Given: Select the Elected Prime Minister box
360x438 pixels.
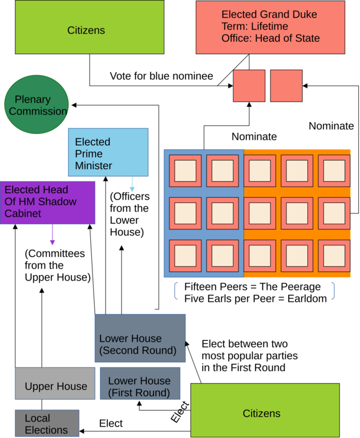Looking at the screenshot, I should [108, 152].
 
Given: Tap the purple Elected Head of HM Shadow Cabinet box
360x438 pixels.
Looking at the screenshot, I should [47, 202].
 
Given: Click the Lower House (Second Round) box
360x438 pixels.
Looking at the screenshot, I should [140, 338].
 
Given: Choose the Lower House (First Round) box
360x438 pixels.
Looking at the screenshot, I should [140, 383].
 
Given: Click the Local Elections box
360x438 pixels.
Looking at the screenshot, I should [47, 423].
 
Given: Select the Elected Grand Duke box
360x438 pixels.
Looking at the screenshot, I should [270, 27].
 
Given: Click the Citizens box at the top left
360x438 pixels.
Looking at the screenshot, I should [89, 27].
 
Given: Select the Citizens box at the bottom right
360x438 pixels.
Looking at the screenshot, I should [265, 411].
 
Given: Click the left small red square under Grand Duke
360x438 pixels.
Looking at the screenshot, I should [249, 86].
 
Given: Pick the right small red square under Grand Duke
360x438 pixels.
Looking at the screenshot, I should [286, 86].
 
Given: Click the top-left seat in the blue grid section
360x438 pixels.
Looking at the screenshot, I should [185, 171].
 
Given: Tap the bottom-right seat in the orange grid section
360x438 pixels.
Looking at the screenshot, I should [334, 256].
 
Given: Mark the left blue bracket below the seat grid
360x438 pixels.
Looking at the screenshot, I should [176, 290].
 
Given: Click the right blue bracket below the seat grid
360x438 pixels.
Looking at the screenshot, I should [332, 290].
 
